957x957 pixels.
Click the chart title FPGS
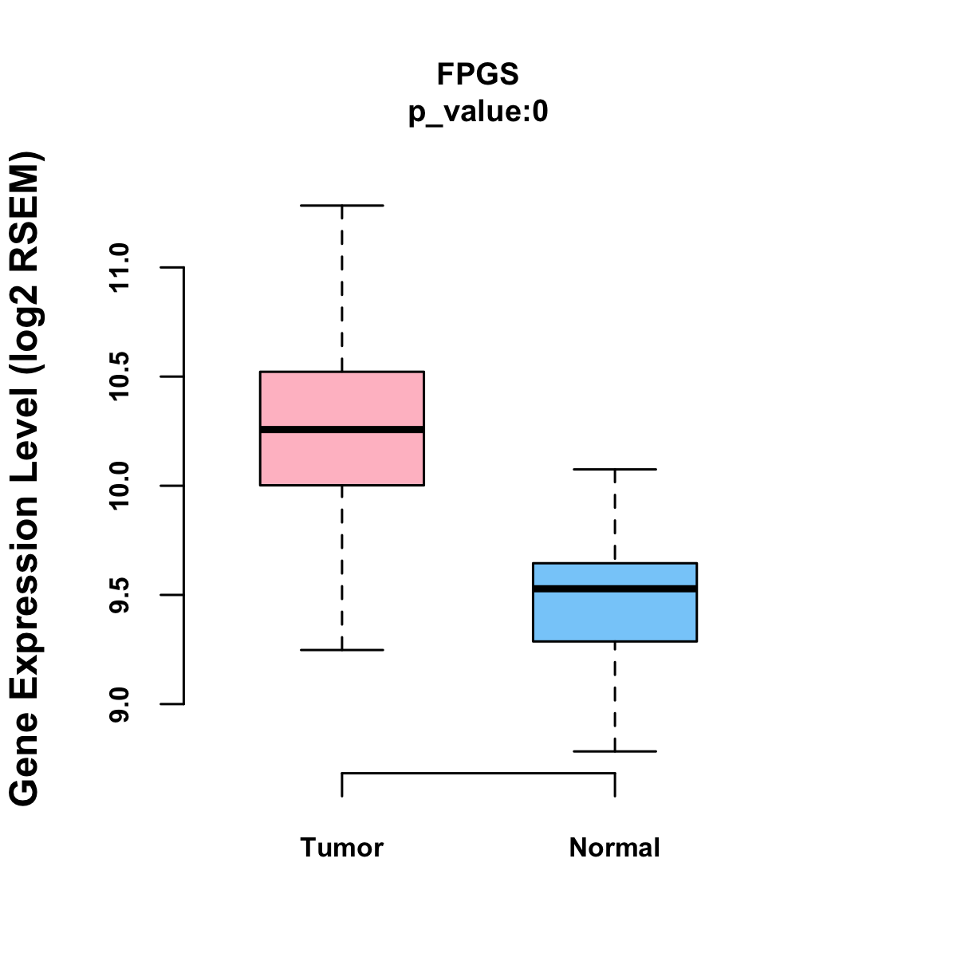pos(478,74)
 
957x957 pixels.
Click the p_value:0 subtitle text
pos(478,112)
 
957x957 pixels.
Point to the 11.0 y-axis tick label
pos(119,268)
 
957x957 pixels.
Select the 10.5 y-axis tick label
pos(119,376)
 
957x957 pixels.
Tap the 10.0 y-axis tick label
pos(119,486)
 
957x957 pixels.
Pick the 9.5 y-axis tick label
pos(119,595)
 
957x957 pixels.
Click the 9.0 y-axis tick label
pos(119,704)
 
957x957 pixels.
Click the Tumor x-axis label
pos(341,847)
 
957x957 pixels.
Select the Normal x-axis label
pos(614,847)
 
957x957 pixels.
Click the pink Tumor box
pos(342,399)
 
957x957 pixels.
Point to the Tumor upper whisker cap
pos(342,206)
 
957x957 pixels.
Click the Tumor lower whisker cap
pos(342,650)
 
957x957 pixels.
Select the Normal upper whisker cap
pos(615,470)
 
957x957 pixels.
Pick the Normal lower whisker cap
pos(615,751)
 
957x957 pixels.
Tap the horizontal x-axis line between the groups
pos(478,773)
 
